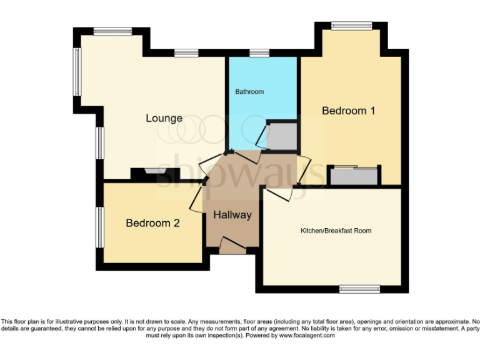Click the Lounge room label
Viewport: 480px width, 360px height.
point(164,118)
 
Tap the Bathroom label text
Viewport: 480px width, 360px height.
point(249,92)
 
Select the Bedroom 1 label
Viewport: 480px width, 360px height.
point(348,111)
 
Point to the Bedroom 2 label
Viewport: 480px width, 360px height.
point(153,223)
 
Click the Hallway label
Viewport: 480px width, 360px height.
point(232,215)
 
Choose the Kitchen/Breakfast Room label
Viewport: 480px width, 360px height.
point(336,231)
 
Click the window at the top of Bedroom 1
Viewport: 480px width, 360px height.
point(351,26)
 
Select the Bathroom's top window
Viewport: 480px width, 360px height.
point(259,53)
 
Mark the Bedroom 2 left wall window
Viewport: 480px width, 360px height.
point(99,227)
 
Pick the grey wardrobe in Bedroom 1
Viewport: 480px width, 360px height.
point(354,176)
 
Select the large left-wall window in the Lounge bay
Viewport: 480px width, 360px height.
point(77,71)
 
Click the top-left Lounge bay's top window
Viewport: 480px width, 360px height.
point(112,31)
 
